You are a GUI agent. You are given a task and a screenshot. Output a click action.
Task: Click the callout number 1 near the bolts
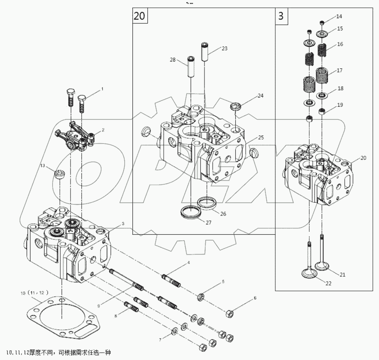pos(102,88)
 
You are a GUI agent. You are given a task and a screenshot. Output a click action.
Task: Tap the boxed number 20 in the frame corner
pos(139,16)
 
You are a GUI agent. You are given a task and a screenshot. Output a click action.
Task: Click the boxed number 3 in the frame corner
pos(281,16)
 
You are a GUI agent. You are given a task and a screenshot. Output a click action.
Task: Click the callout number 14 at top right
pos(339,17)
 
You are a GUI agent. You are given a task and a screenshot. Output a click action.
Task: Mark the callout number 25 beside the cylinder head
pos(261,138)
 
